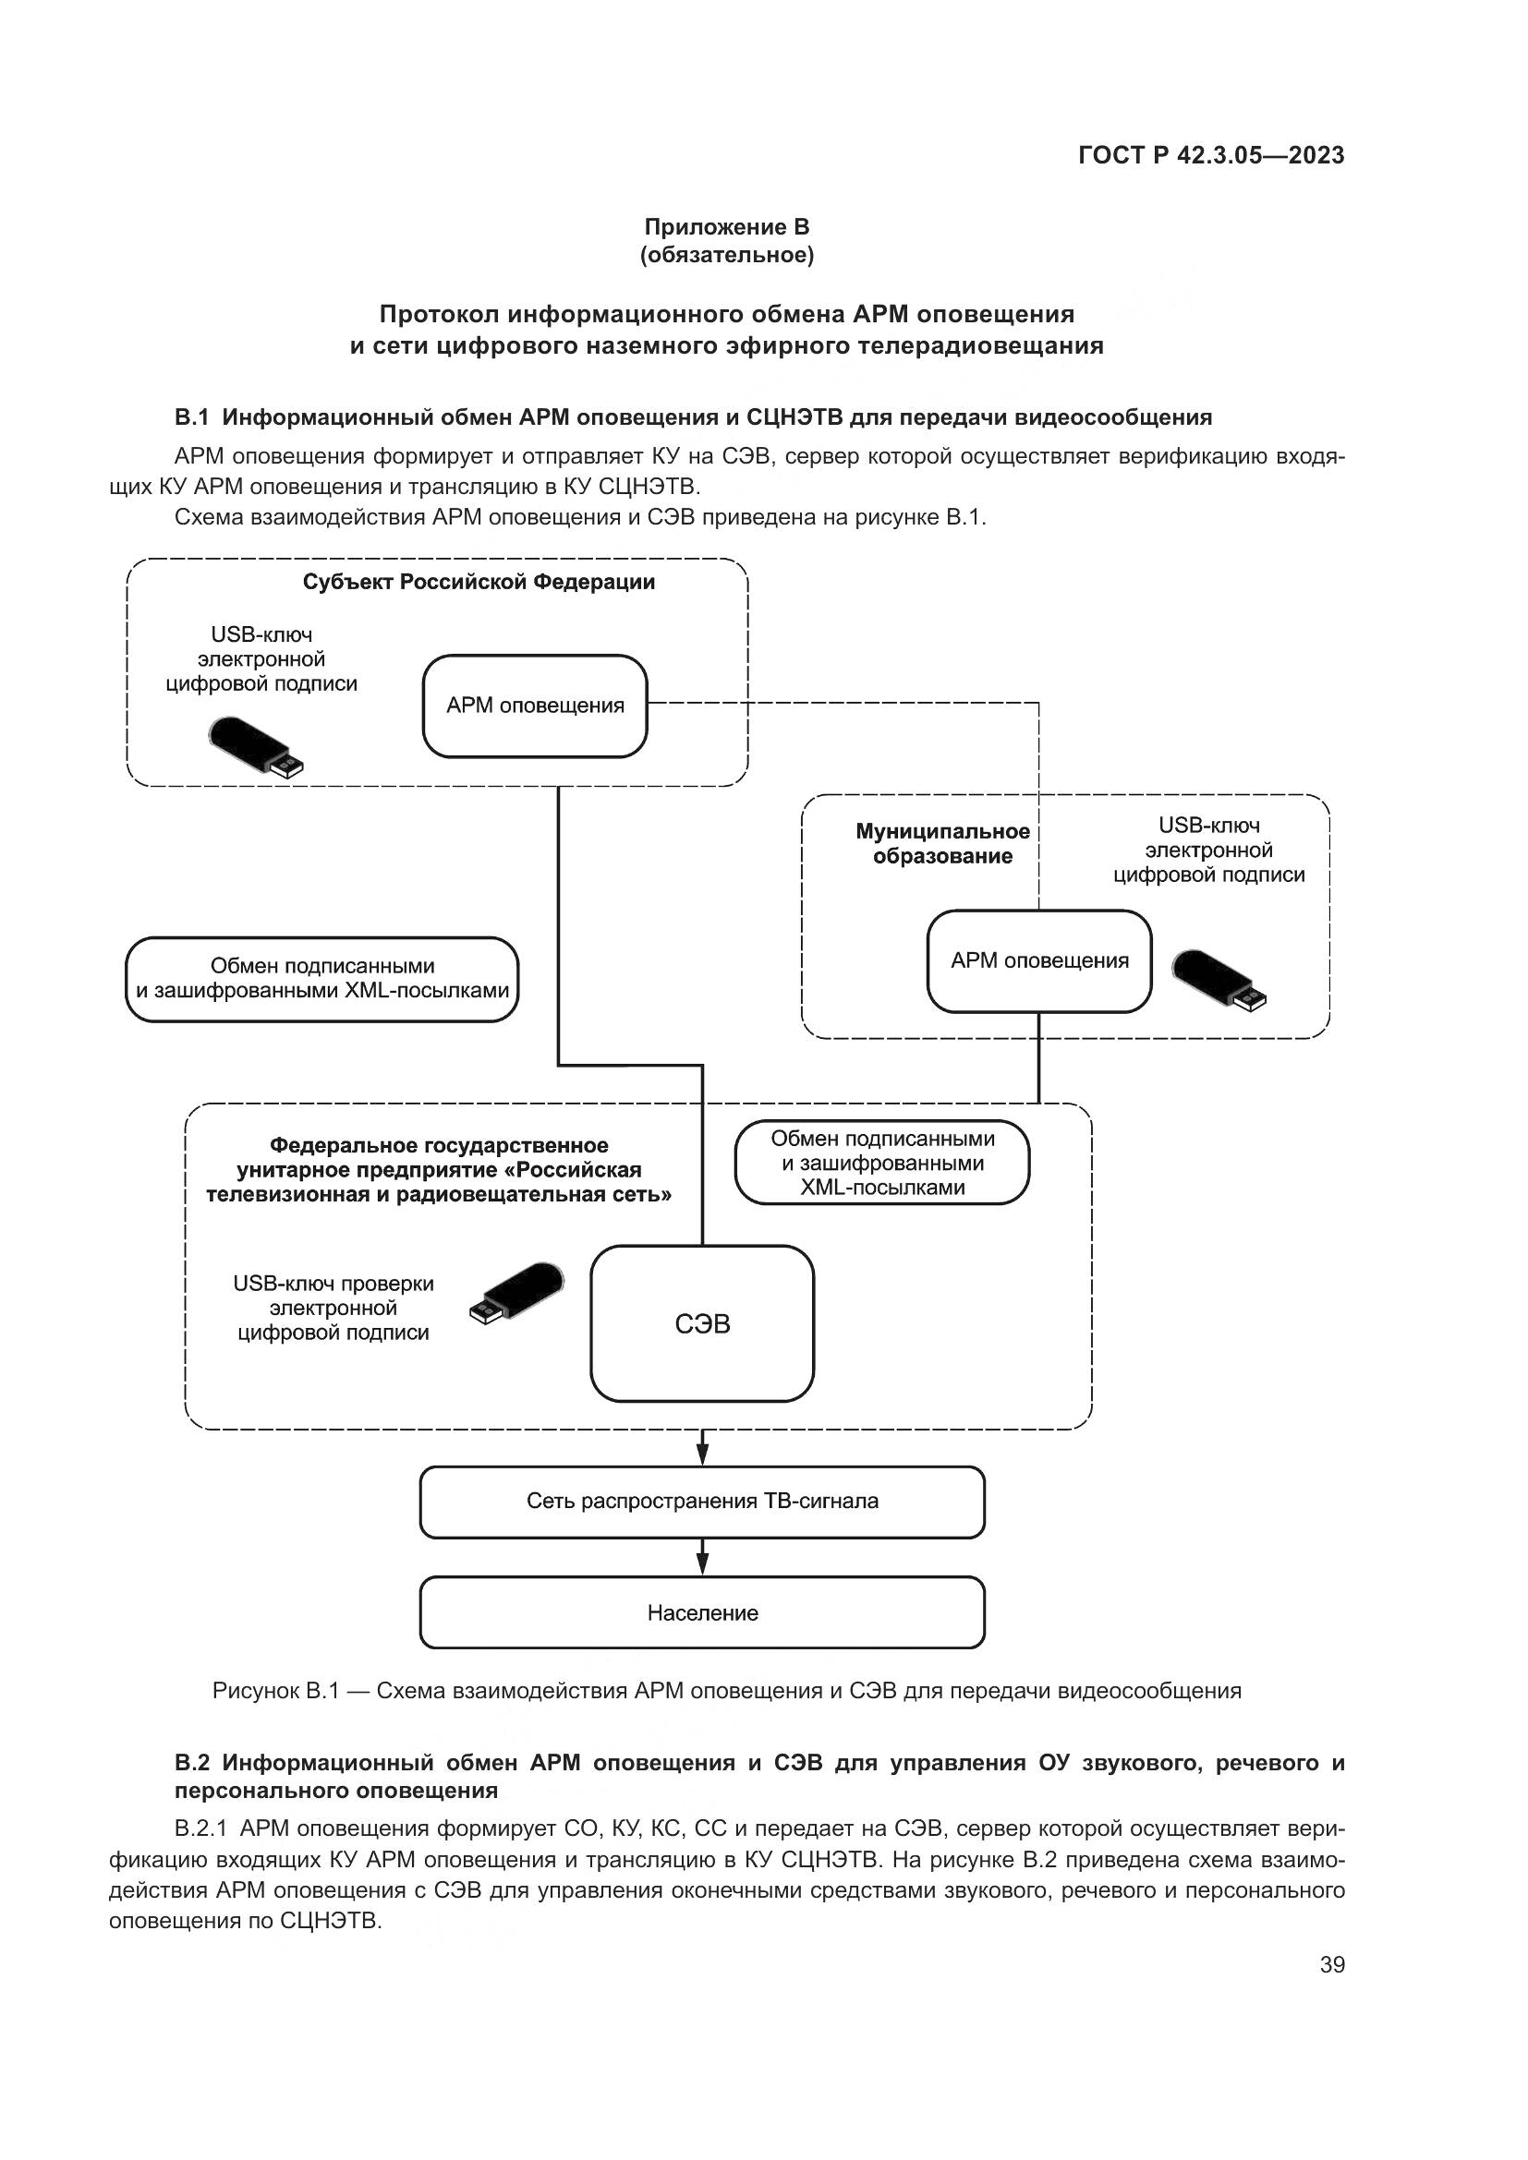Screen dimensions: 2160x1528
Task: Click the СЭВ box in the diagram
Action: [x=702, y=1323]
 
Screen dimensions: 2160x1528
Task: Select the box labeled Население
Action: [x=702, y=1612]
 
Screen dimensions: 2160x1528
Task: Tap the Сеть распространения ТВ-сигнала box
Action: [x=702, y=1501]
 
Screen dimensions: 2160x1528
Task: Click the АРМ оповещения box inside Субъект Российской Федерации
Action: [x=534, y=706]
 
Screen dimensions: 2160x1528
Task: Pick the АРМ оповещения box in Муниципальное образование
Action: [x=1038, y=960]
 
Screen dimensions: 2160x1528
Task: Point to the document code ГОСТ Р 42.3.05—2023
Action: [x=1211, y=155]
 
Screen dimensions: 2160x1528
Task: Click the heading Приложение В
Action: [x=726, y=227]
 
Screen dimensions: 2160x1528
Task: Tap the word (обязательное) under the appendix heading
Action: [x=726, y=255]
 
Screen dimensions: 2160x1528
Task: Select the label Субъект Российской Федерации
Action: [x=478, y=582]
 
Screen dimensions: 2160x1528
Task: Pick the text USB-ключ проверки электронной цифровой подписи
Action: [x=333, y=1308]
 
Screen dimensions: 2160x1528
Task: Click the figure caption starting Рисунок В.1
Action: [x=726, y=1691]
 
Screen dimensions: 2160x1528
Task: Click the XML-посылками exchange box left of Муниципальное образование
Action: [x=321, y=978]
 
